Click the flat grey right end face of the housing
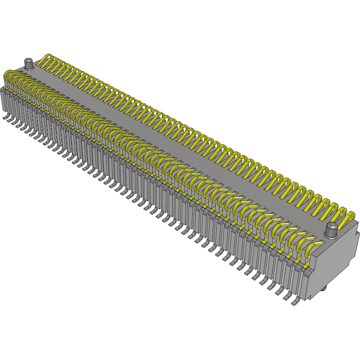[x=337, y=266]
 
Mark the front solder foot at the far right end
[x=295, y=303]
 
